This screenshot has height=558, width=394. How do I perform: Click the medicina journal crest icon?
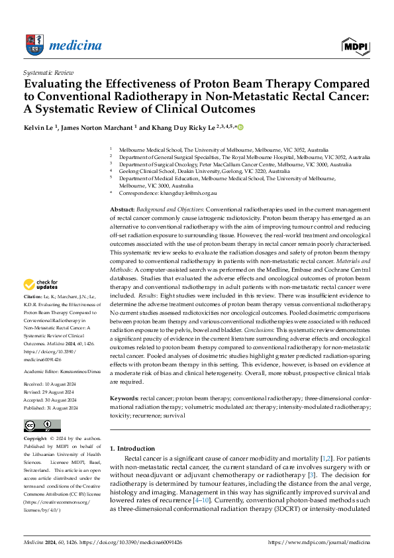tap(34, 44)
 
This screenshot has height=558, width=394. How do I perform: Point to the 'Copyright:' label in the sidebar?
tap(35, 439)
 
